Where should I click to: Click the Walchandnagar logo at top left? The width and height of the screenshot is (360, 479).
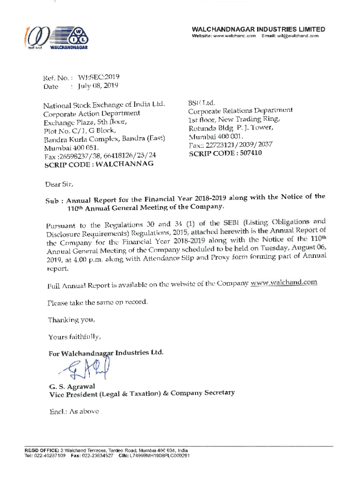(x=58, y=38)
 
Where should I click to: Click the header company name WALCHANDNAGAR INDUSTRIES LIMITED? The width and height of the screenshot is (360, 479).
(x=258, y=29)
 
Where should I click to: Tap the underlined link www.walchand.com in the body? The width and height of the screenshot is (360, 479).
(x=284, y=283)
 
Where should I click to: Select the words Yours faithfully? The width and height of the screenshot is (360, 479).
(x=74, y=336)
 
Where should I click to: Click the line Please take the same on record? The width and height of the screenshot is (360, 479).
(x=98, y=302)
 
